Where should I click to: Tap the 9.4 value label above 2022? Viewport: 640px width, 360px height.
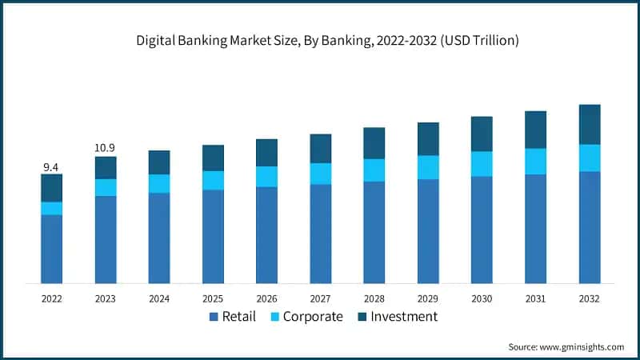pyautogui.click(x=51, y=166)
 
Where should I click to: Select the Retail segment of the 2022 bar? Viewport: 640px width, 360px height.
pyautogui.click(x=52, y=249)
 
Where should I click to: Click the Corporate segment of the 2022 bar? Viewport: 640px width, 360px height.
pyautogui.click(x=52, y=208)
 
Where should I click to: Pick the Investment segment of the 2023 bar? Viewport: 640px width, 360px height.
pyautogui.click(x=106, y=167)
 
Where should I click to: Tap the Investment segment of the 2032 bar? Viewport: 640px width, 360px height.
pyautogui.click(x=590, y=124)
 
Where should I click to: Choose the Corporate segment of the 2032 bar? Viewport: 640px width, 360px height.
pyautogui.click(x=590, y=158)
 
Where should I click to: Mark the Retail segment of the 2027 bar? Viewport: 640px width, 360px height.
pyautogui.click(x=321, y=234)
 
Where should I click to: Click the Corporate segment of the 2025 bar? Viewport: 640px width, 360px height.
pyautogui.click(x=213, y=180)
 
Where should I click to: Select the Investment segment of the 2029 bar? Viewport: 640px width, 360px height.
pyautogui.click(x=428, y=138)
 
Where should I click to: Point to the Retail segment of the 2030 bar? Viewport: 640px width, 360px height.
pyautogui.click(x=482, y=230)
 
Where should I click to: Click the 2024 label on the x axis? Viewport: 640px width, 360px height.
pyautogui.click(x=159, y=298)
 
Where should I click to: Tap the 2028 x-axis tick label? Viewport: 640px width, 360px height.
pyautogui.click(x=374, y=298)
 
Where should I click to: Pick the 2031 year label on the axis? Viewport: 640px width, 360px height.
pyautogui.click(x=535, y=298)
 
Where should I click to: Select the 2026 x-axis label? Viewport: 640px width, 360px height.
pyautogui.click(x=266, y=298)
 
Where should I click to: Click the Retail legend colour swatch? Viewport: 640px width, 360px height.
pyautogui.click(x=214, y=318)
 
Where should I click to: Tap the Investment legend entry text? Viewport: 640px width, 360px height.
pyautogui.click(x=404, y=317)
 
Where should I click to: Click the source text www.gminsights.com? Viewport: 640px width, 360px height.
pyautogui.click(x=581, y=346)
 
